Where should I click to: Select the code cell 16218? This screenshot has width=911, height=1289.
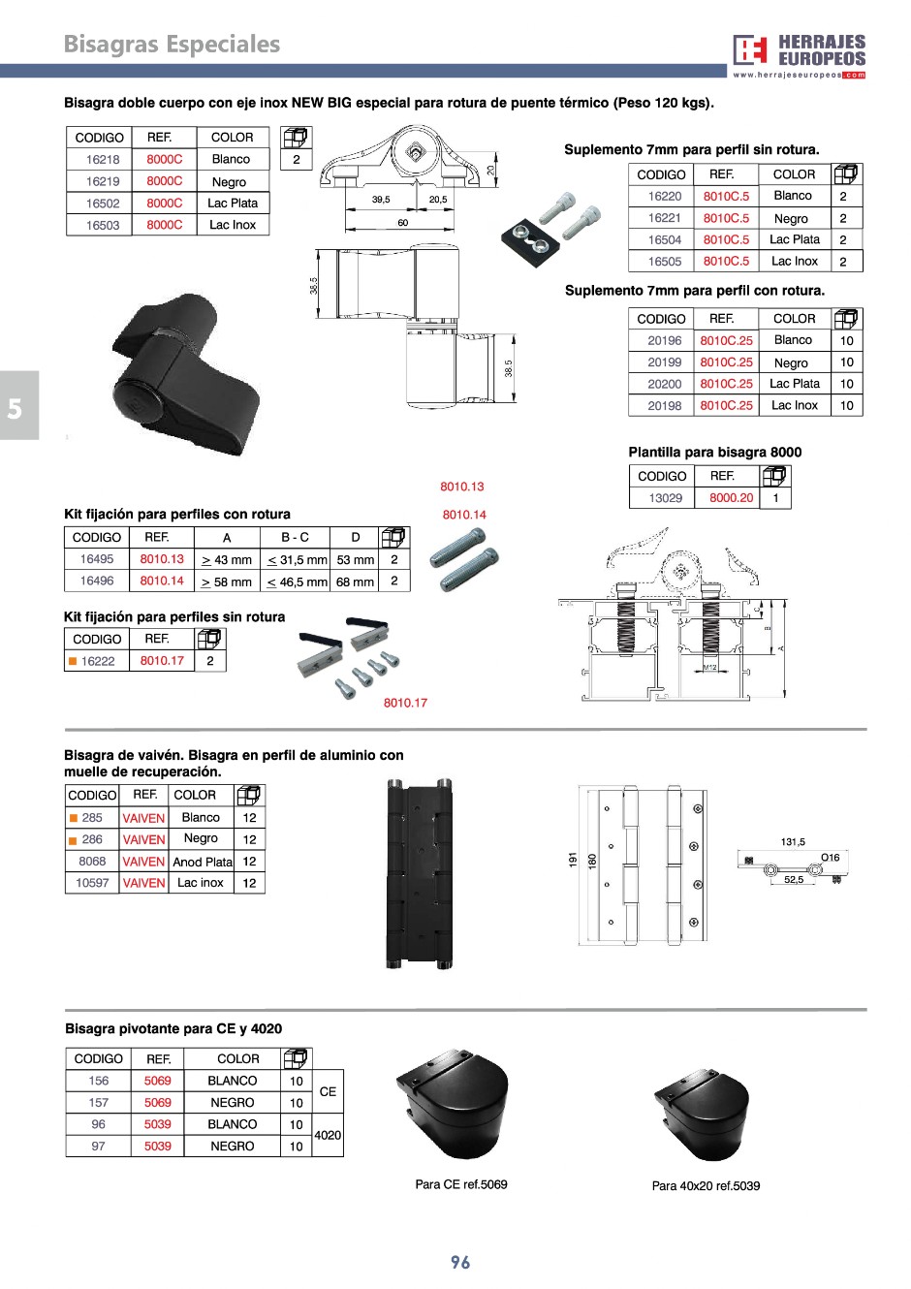click(x=103, y=160)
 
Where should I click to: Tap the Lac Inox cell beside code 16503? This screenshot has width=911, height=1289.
click(x=233, y=225)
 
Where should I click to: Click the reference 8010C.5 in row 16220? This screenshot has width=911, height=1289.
click(x=726, y=197)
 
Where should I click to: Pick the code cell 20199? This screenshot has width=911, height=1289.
click(x=665, y=362)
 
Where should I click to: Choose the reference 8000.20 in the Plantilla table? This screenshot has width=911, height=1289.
click(x=731, y=498)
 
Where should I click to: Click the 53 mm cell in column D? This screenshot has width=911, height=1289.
click(x=356, y=560)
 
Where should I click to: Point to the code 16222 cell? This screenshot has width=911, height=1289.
click(x=98, y=662)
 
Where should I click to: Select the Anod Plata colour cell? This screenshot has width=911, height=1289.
click(x=202, y=862)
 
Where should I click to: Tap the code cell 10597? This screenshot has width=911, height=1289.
click(x=92, y=883)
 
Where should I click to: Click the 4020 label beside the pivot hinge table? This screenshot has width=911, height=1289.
click(x=328, y=1135)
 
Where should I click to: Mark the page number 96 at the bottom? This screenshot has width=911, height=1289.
click(x=460, y=1262)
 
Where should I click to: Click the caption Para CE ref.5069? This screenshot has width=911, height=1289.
click(x=461, y=1184)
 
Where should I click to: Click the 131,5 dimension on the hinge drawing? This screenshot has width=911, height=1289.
click(x=793, y=842)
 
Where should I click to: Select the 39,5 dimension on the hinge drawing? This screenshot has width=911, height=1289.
click(x=381, y=200)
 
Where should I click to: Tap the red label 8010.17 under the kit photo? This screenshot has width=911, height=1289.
click(x=405, y=703)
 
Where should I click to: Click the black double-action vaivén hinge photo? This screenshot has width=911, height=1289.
click(x=419, y=874)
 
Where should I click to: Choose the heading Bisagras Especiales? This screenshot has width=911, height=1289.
click(x=172, y=45)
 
